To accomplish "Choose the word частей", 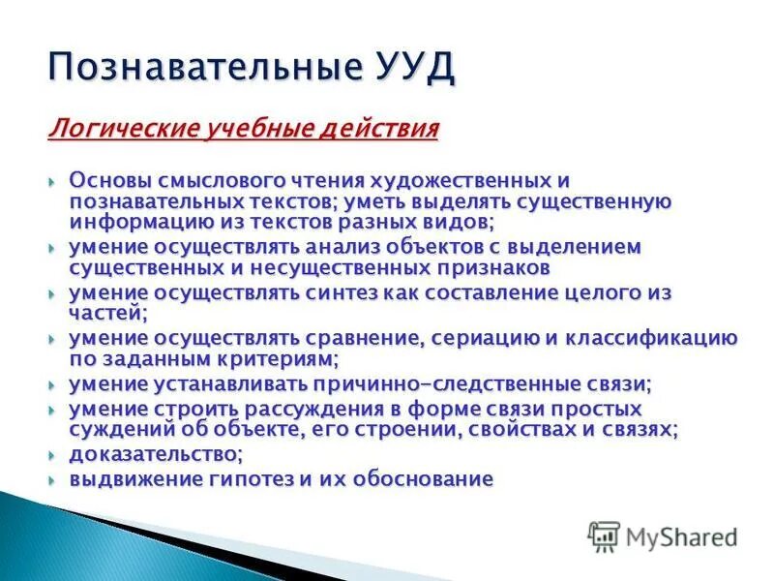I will pyautogui.click(x=105, y=312).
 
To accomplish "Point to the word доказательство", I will pyautogui.click(x=153, y=454).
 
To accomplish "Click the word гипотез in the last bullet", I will pyautogui.click(x=229, y=478).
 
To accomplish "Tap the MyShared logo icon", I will pyautogui.click(x=605, y=535).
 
